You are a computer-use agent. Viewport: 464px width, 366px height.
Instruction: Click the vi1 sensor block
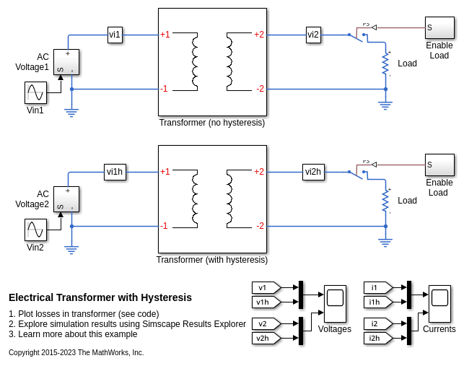point(115,35)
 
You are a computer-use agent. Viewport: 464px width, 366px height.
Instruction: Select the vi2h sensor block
point(313,172)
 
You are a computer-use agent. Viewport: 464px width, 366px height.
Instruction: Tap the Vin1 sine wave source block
point(36,92)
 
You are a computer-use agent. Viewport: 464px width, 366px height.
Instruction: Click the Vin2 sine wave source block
point(35,230)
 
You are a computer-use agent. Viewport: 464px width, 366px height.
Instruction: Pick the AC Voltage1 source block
point(66,62)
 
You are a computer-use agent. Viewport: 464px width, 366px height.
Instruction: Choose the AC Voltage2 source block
point(66,199)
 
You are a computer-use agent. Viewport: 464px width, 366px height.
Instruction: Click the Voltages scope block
point(335,303)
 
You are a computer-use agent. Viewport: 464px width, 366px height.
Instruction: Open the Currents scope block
point(439,303)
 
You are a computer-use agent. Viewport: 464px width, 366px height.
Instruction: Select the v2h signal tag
point(265,338)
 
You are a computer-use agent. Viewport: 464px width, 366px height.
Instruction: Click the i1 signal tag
point(377,287)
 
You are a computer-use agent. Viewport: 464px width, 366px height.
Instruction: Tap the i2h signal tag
point(377,338)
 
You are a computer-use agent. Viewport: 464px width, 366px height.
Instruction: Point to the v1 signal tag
point(265,287)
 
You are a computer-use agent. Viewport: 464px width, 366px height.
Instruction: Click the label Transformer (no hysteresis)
point(212,123)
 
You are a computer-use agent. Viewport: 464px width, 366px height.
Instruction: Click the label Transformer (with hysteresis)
point(212,260)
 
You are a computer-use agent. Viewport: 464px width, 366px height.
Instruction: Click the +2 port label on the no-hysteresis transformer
point(259,35)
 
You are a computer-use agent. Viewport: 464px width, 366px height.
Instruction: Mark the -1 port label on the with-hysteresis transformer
point(165,226)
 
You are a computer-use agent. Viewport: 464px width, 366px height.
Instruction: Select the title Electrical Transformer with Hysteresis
point(100,297)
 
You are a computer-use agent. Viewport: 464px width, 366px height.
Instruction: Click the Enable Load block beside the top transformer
point(439,28)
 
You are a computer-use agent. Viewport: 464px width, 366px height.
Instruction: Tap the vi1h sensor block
point(115,172)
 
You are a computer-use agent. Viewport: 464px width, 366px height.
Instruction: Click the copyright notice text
point(76,353)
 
